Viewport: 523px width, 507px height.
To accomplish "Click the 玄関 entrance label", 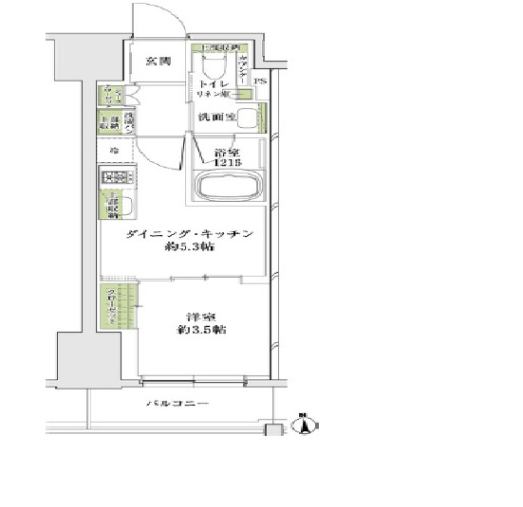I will tap(158, 62).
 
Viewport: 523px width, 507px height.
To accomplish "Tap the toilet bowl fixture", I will tap(212, 71).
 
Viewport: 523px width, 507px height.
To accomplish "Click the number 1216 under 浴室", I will tap(228, 162).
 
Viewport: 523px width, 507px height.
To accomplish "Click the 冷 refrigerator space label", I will tap(113, 151).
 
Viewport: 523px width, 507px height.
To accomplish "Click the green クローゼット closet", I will tap(111, 307).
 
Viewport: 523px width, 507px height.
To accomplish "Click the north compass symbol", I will tap(304, 425).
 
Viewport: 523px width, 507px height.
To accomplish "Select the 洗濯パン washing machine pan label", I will tap(131, 121).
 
